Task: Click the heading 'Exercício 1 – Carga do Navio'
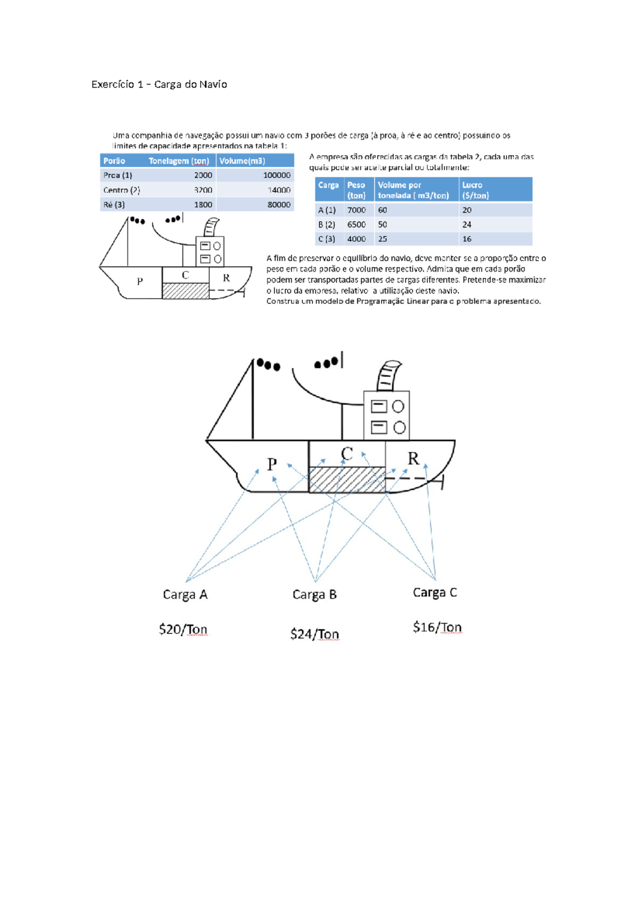tap(159, 85)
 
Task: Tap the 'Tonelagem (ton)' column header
tap(179, 161)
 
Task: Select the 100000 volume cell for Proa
tap(276, 175)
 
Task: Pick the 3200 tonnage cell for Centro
tap(203, 190)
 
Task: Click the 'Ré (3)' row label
tap(114, 205)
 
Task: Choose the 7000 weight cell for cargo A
tap(356, 210)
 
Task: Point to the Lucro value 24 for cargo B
tap(467, 225)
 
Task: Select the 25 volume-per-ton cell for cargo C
tap(383, 239)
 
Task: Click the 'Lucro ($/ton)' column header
tap(475, 190)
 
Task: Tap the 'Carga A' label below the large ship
tap(185, 595)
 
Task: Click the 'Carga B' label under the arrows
tap(315, 595)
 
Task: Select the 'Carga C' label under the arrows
tap(435, 593)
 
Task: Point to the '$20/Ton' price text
tap(183, 629)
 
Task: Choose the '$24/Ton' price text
tap(315, 634)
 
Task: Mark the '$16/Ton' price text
tap(437, 627)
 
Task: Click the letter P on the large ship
tap(272, 464)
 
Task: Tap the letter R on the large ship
tap(413, 459)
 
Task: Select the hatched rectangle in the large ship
tap(347, 480)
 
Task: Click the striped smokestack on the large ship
tap(388, 376)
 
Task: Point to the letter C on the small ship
tap(185, 275)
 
